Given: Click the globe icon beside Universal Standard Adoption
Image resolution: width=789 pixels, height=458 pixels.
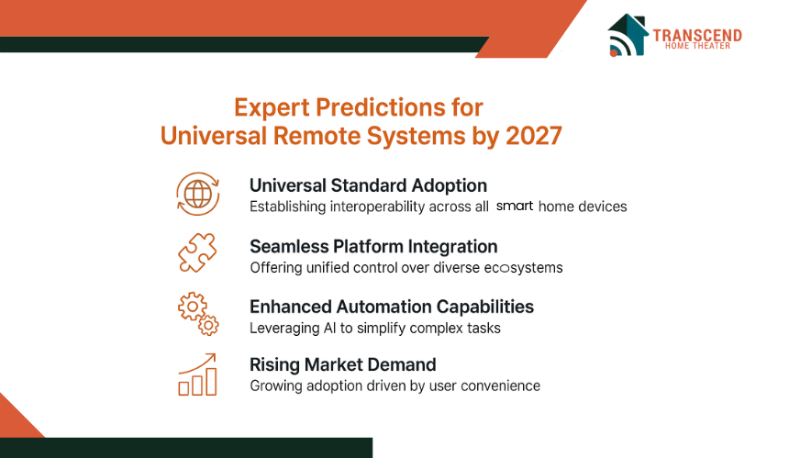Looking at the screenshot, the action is tap(198, 194).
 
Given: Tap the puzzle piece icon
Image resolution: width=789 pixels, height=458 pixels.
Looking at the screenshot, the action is tap(197, 252).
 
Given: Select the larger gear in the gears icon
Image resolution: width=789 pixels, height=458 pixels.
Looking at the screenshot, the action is tap(191, 307).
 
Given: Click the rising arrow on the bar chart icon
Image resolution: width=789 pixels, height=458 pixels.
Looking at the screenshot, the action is tap(197, 363).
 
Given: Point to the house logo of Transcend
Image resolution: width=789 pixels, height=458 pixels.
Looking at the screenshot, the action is tap(628, 35).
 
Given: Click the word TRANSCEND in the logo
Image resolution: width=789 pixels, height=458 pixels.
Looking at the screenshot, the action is tap(697, 35).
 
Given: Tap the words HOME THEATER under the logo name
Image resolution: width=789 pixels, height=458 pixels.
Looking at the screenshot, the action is tap(697, 46).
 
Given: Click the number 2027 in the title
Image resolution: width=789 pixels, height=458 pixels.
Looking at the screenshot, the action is tap(533, 136).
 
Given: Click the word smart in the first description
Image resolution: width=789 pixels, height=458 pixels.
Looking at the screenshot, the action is tap(515, 206).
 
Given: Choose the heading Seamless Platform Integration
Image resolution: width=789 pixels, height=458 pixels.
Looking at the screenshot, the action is tap(373, 247).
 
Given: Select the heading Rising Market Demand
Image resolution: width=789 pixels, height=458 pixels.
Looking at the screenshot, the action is tap(343, 364).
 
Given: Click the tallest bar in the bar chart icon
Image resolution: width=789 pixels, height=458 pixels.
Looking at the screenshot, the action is tap(211, 382).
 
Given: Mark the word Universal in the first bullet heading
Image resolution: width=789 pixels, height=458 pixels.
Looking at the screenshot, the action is tap(288, 185).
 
